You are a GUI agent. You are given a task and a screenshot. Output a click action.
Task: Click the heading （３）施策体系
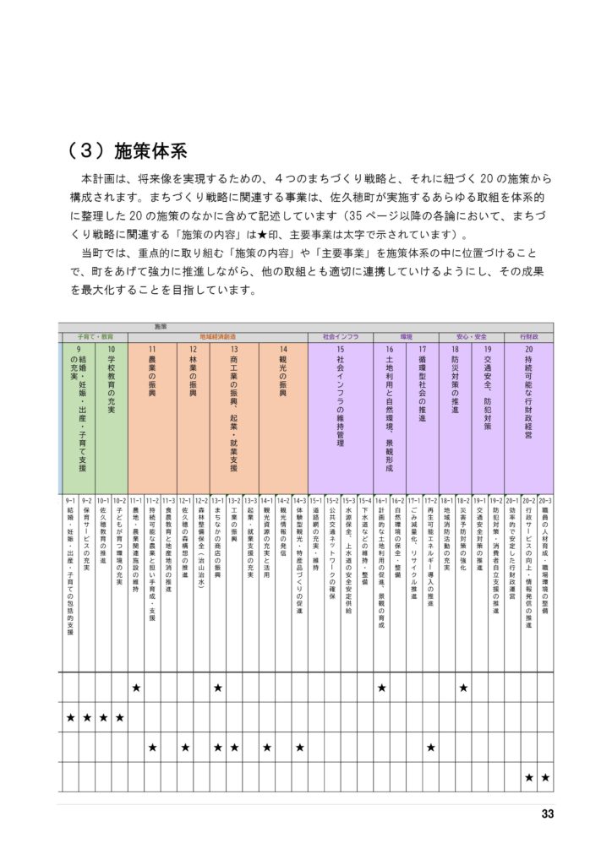[127, 151]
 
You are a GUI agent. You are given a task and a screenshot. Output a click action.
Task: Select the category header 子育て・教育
[95, 335]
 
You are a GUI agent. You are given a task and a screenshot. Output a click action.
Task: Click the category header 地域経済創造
[217, 335]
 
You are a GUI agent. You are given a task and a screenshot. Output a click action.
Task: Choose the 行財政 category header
[529, 335]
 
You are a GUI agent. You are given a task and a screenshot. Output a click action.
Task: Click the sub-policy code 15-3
[348, 500]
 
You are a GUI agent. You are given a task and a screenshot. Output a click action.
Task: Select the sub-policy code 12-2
[201, 500]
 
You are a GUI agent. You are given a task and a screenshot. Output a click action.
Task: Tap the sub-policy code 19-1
[479, 500]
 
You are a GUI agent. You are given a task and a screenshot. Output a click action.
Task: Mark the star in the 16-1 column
[381, 688]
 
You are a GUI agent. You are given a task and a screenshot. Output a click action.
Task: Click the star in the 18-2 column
[463, 688]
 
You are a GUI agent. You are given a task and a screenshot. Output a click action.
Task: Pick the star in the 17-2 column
[430, 747]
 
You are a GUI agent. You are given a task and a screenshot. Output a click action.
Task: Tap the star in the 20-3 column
[545, 776]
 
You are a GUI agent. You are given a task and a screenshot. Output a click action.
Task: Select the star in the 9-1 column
[71, 717]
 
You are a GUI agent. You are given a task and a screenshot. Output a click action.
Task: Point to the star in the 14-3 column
[299, 747]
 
